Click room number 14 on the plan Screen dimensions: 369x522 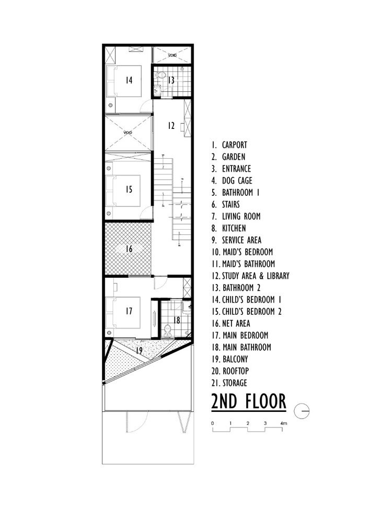pyautogui.click(x=129, y=80)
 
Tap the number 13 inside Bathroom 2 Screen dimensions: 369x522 pyautogui.click(x=171, y=80)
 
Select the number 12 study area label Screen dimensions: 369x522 pyautogui.click(x=171, y=125)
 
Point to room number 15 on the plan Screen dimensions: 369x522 pyautogui.click(x=129, y=189)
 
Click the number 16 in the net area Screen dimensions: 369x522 pyautogui.click(x=129, y=248)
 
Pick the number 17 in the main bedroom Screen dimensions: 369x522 pyautogui.click(x=129, y=311)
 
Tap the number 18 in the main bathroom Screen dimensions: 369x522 pyautogui.click(x=177, y=321)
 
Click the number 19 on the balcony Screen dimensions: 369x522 pyautogui.click(x=139, y=351)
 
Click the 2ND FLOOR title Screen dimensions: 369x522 pyautogui.click(x=249, y=401)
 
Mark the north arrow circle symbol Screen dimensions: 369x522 pyautogui.click(x=302, y=411)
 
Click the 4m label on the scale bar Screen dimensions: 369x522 pyautogui.click(x=284, y=423)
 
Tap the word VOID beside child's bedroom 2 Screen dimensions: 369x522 pyautogui.click(x=128, y=133)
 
